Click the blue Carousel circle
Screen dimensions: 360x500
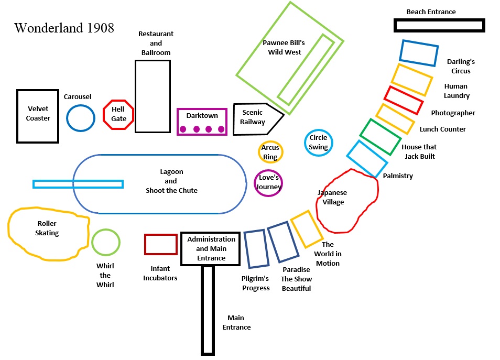81,118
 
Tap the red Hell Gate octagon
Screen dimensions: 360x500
119,114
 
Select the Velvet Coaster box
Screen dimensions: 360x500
38,116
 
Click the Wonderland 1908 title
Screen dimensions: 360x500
64,28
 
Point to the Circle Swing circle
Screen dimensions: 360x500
318,142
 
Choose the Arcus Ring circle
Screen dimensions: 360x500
270,152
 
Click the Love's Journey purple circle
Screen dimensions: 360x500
269,182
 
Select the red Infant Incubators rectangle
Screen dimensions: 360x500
161,245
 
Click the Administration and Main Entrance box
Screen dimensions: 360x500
211,248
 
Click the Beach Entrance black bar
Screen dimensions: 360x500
439,25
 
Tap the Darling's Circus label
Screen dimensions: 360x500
461,67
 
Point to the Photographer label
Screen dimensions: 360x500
453,113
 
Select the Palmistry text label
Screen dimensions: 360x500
398,176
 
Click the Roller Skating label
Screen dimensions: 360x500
47,228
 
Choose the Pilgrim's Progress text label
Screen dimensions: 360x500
256,283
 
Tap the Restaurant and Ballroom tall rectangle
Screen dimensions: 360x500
153,96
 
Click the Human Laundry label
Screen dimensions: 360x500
456,91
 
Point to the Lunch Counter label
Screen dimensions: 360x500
442,129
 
